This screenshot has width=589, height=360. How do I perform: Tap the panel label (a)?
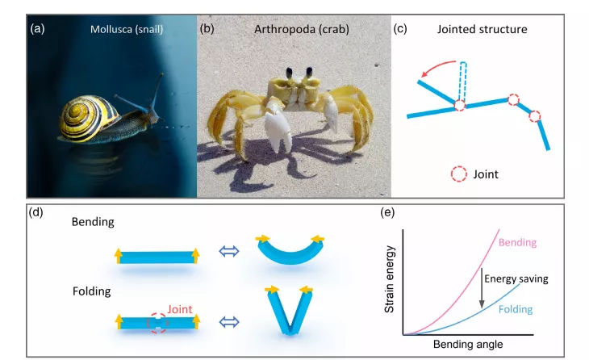pos(38,28)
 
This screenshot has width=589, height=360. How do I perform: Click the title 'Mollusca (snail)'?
pos(127,29)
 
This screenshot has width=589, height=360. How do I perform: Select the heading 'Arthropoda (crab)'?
pos(302,29)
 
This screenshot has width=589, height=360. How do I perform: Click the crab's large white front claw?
pos(278,128)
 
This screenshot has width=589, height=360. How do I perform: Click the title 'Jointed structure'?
pos(482,29)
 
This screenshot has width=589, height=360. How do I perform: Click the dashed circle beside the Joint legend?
pos(458,174)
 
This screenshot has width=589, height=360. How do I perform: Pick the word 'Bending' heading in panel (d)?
pos(93,222)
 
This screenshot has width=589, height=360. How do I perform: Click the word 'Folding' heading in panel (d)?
pos(92,291)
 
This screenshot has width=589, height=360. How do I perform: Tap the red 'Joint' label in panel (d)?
pos(180,309)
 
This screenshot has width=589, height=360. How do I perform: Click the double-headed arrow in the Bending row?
pos(229,251)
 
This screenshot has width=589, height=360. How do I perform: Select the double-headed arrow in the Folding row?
pos(229,322)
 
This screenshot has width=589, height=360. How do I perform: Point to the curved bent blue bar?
pos(290,258)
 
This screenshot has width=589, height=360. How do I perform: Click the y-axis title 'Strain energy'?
pos(389,279)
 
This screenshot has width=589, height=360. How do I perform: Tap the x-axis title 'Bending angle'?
pos(468,344)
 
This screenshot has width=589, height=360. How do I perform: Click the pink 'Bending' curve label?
pos(518,242)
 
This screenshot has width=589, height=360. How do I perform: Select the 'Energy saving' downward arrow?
pos(482,288)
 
